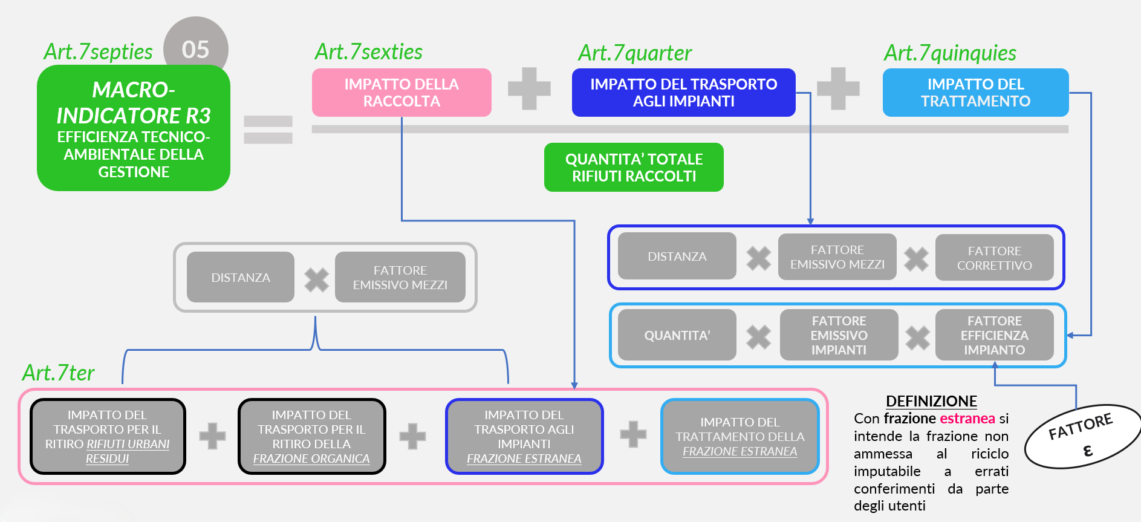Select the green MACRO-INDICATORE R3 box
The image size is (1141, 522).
134,128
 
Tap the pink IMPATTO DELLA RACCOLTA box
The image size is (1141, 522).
401,93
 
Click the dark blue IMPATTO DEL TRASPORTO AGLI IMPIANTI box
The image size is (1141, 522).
683,93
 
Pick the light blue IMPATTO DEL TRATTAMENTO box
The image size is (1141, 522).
975,93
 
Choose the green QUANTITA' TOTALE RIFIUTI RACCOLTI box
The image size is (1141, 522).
634,168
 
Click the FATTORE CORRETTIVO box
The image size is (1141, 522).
994,258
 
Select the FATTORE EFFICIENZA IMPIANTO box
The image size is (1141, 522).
994,335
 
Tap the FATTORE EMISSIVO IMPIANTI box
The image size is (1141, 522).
839,335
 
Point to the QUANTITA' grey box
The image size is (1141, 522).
677,335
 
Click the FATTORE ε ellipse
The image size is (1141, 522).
1082,436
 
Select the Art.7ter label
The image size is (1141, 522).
59,373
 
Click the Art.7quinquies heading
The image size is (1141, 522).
950,53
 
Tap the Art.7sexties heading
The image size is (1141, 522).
369,52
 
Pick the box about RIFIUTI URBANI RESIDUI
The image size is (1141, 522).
108,436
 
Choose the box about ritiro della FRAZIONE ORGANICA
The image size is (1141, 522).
311,436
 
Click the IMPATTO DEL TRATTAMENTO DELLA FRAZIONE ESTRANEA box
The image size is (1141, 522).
740,436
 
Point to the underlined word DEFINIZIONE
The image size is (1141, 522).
931,401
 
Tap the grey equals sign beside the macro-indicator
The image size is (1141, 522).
268,129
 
